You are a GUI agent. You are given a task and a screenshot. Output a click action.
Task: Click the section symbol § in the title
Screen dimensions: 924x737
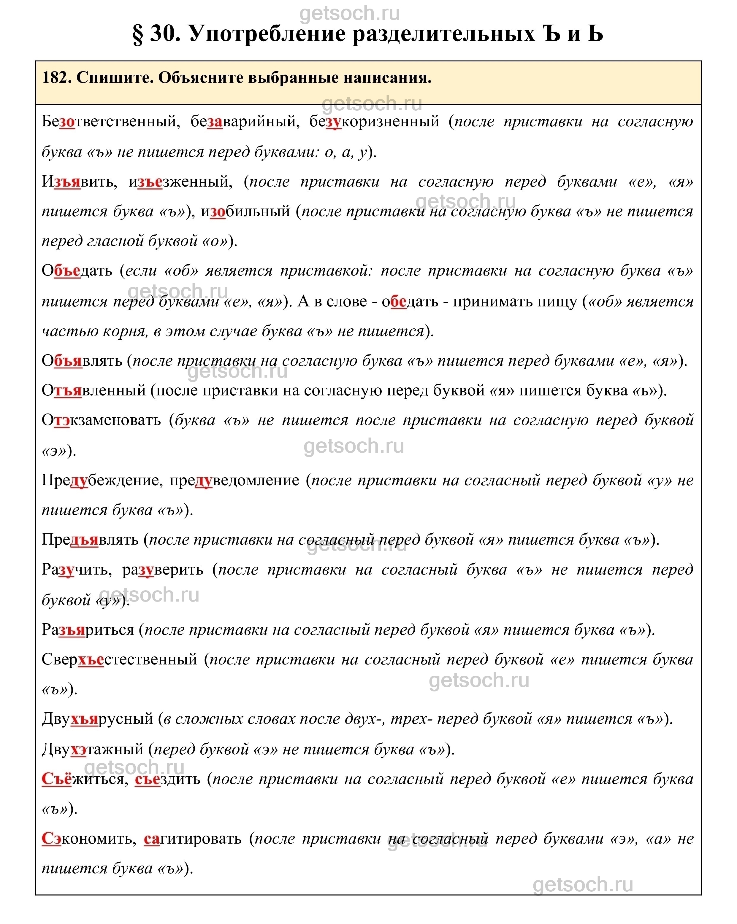[138, 35]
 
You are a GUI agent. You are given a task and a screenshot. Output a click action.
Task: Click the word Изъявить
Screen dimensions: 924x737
[79, 182]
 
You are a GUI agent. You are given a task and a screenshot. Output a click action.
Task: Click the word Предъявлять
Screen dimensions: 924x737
[90, 540]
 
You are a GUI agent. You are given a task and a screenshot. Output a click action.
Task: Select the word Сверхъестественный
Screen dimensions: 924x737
[119, 660]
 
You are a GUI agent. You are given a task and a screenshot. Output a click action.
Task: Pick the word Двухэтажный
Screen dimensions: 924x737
[93, 749]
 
